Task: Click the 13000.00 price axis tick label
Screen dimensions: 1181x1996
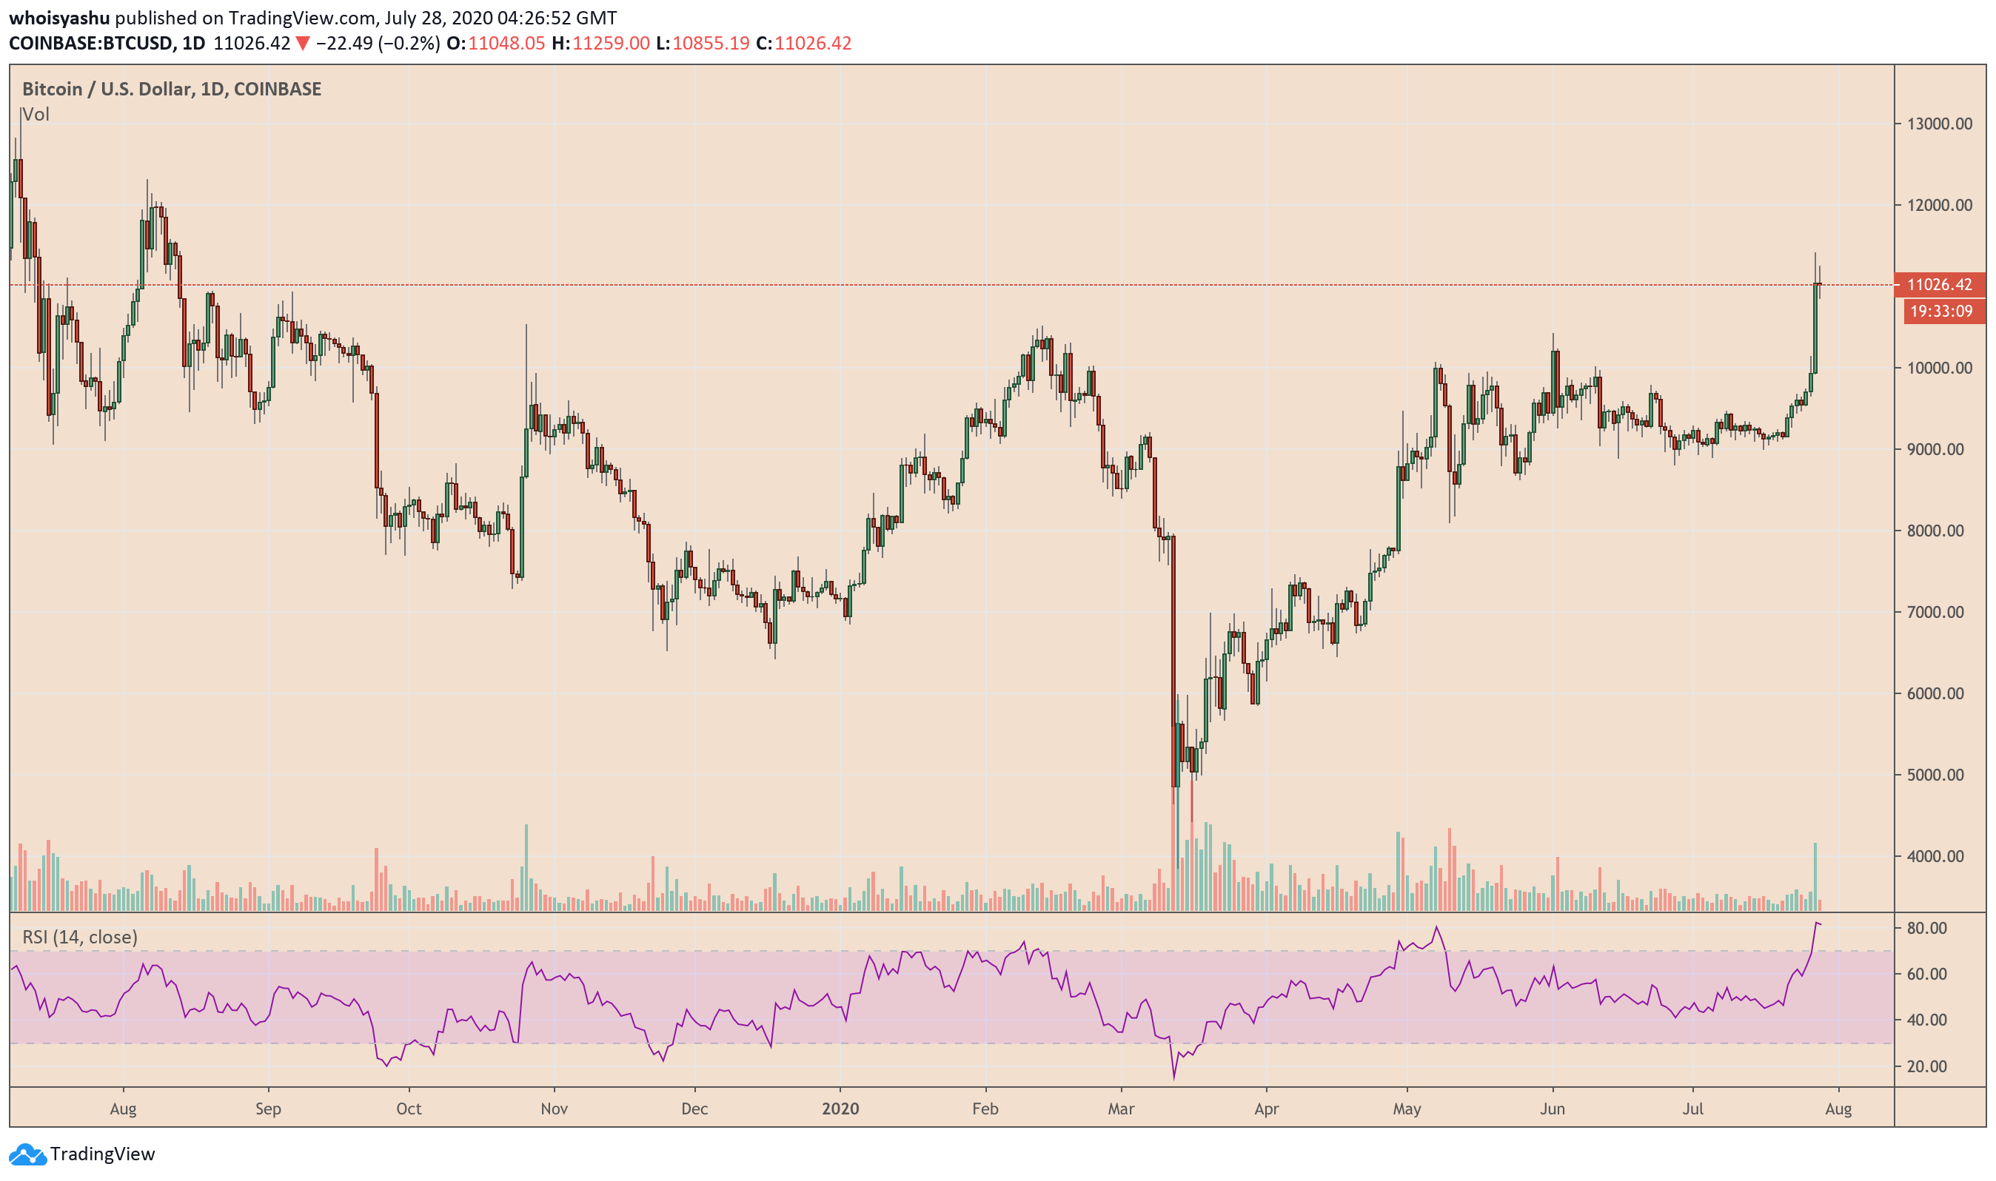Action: [1939, 124]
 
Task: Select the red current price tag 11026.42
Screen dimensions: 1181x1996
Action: [1940, 285]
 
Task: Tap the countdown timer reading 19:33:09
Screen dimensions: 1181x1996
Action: [1941, 312]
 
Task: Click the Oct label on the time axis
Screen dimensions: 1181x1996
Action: [409, 1108]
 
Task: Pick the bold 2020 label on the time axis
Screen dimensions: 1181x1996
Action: [840, 1108]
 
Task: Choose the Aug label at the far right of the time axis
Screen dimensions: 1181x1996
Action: [1838, 1108]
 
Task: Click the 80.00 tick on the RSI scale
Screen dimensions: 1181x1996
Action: [1926, 928]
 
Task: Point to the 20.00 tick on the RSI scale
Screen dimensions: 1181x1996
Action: [1926, 1066]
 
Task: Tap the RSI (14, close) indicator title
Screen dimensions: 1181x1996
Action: [80, 937]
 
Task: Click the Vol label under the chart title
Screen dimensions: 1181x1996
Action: [36, 115]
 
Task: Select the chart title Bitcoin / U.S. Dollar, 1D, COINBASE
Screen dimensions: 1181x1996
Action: [171, 89]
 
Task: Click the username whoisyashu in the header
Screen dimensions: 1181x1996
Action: [59, 18]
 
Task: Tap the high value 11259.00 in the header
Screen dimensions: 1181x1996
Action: [611, 43]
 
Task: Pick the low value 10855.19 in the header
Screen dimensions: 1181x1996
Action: [710, 43]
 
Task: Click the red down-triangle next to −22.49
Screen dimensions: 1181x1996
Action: [303, 43]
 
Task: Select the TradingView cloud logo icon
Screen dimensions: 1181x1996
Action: [27, 1154]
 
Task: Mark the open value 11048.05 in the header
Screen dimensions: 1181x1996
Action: [506, 43]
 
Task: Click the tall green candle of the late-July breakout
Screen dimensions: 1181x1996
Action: [1815, 326]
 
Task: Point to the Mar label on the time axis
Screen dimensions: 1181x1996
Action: [1121, 1108]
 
